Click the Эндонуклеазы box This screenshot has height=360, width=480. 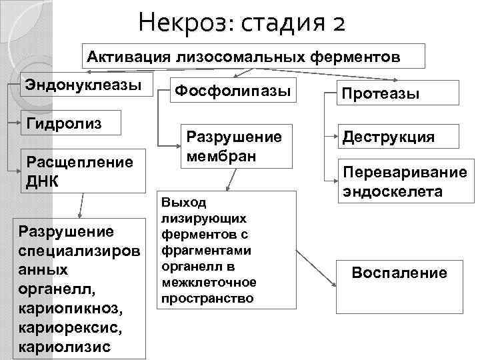[85, 87]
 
